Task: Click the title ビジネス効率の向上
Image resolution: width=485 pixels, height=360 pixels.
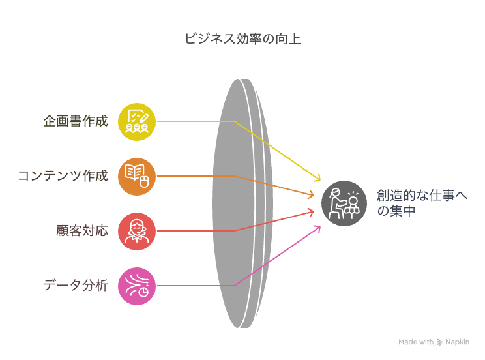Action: tap(242, 39)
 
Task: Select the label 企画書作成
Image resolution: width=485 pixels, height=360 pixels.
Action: tap(76, 121)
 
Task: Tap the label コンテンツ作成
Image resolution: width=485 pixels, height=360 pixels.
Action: tap(63, 176)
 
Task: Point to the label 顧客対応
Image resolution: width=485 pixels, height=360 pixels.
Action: tap(82, 231)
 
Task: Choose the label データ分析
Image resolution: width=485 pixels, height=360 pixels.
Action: tap(76, 286)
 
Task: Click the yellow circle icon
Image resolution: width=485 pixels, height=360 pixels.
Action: tap(137, 122)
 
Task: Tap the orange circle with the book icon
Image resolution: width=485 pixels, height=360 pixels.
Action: tap(137, 177)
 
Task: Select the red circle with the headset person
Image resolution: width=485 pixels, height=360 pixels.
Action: tap(137, 232)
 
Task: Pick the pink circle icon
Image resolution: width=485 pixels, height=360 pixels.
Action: tap(137, 286)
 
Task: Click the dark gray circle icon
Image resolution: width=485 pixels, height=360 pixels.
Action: tap(344, 203)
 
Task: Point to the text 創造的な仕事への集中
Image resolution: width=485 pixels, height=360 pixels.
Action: tap(422, 203)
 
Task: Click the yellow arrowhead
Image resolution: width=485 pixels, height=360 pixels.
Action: tap(317, 177)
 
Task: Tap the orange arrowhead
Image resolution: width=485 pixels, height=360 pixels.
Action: tap(310, 195)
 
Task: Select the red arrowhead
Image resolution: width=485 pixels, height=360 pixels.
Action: tap(310, 212)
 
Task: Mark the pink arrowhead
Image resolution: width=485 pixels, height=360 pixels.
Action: tap(317, 230)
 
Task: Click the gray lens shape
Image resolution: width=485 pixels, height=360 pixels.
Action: tap(242, 203)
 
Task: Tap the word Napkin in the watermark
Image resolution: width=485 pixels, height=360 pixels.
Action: tap(457, 342)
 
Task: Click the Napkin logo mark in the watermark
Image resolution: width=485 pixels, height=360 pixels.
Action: tap(439, 342)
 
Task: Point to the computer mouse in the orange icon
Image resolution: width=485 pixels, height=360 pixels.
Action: tap(144, 181)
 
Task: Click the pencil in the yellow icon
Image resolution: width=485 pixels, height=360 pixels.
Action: tap(144, 118)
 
